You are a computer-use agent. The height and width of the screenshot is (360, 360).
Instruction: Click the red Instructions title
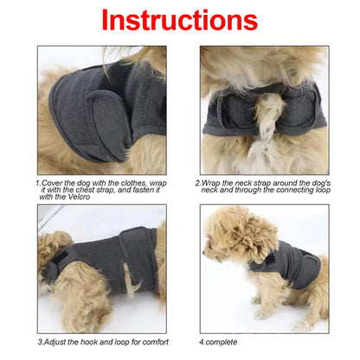tap(180, 20)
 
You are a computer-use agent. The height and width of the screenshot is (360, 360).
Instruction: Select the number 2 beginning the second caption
tap(198, 183)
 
